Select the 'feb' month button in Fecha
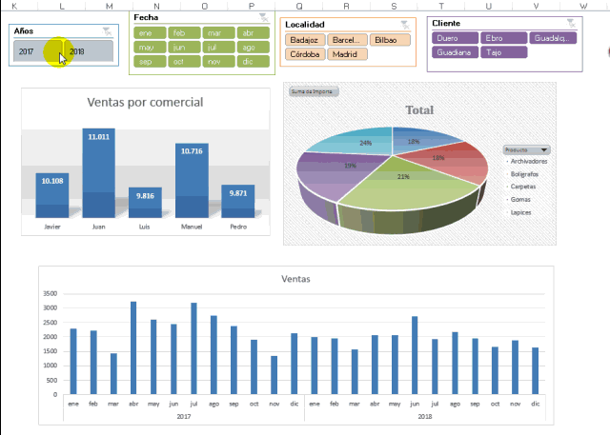[x=177, y=31]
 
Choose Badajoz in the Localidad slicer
[x=304, y=40]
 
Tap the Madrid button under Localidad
[x=344, y=54]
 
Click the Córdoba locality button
[x=304, y=54]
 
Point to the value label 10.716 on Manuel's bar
[x=191, y=151]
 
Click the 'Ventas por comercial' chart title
[x=144, y=102]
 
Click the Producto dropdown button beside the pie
[x=544, y=149]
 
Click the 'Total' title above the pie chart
[x=419, y=110]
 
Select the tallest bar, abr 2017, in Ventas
[x=133, y=347]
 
